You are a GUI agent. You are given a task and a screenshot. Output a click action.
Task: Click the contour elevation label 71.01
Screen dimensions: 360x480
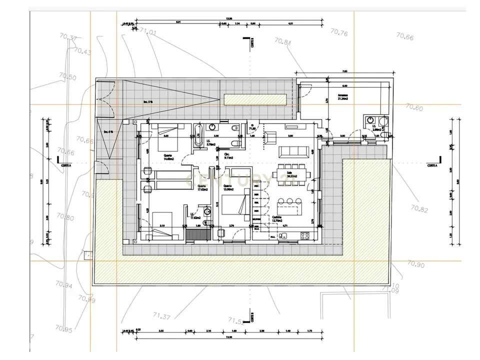click(x=148, y=32)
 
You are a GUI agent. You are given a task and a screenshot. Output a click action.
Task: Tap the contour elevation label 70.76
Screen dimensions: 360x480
click(x=339, y=33)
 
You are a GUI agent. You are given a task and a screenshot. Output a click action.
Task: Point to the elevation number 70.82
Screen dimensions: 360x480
click(x=418, y=208)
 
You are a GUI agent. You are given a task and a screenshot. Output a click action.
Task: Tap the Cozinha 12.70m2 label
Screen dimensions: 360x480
click(x=277, y=218)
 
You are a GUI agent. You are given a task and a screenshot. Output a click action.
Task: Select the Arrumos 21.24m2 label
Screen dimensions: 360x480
click(x=343, y=97)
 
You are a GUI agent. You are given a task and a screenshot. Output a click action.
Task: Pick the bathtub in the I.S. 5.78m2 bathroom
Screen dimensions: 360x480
click(x=197, y=132)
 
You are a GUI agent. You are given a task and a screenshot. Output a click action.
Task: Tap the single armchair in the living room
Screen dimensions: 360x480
click(x=270, y=137)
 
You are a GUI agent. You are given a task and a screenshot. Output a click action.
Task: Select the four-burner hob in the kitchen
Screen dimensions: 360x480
click(x=305, y=235)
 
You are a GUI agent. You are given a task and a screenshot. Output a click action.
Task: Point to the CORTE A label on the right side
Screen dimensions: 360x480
click(x=432, y=165)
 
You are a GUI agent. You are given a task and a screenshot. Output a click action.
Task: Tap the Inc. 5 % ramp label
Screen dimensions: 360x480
click(x=147, y=102)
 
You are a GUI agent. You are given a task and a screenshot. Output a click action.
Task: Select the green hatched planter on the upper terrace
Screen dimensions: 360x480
click(x=255, y=99)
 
